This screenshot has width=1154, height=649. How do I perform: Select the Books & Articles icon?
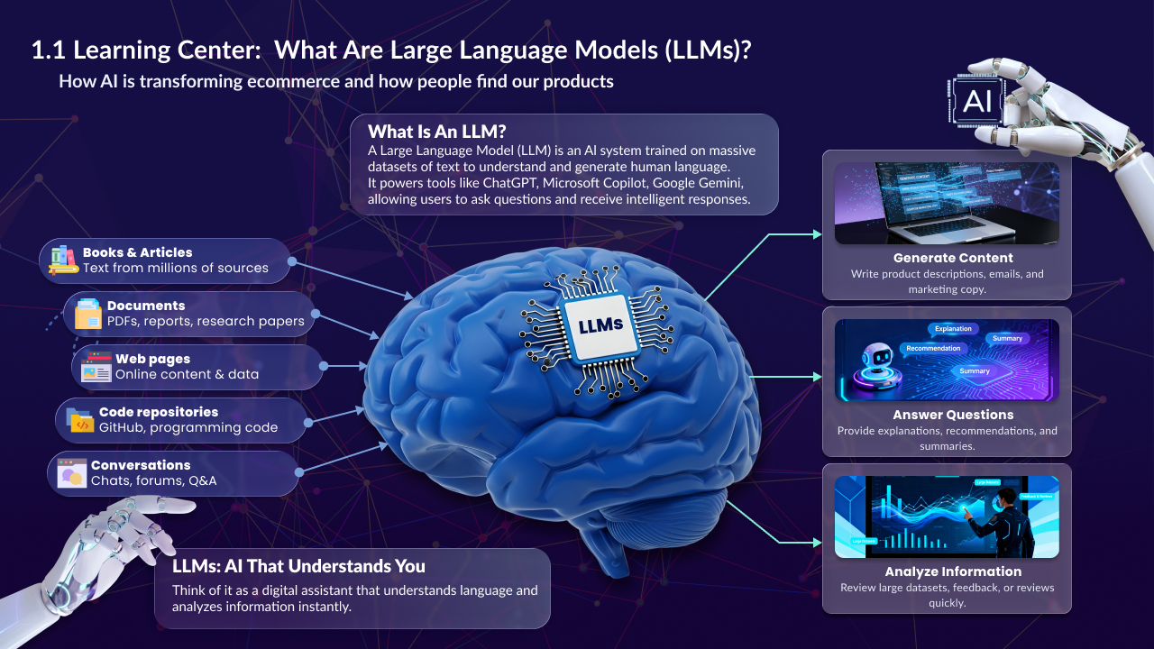tap(64, 260)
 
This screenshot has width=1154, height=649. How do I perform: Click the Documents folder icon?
tap(88, 313)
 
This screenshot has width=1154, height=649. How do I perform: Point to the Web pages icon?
tap(96, 366)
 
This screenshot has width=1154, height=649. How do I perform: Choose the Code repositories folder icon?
tap(80, 419)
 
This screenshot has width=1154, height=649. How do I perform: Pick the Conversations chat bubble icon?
tap(71, 473)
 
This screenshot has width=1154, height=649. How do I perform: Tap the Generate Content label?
tap(946, 258)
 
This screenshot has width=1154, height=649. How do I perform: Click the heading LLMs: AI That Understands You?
tap(298, 566)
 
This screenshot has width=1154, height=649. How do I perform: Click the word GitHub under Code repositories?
tap(122, 427)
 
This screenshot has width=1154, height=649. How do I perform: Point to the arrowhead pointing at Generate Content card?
tap(817, 234)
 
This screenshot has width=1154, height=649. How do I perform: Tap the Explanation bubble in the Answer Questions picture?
tap(952, 329)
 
